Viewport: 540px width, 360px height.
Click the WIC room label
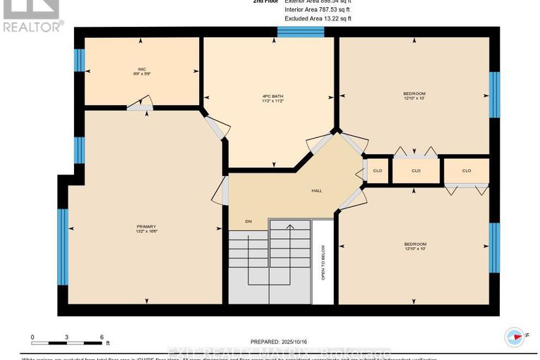pos(142,70)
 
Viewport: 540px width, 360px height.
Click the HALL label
pos(317,191)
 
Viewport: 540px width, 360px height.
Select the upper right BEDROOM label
pos(414,95)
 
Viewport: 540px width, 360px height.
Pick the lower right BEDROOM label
pos(415,246)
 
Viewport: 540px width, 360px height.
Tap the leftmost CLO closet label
pos(377,170)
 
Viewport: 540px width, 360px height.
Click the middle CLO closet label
pos(415,170)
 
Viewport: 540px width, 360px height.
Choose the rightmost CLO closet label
pos(466,170)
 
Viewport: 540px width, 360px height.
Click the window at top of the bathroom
pos(300,32)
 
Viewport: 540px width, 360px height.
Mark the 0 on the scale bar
pos(32,337)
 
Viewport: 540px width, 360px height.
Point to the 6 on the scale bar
pos(102,337)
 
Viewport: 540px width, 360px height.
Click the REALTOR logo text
pos(32,26)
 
